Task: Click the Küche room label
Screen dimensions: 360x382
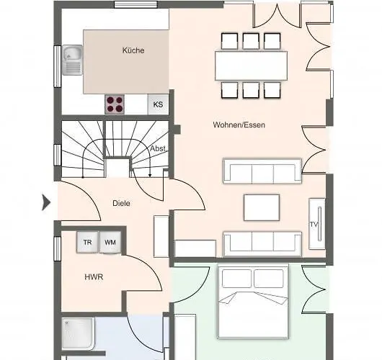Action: [x=133, y=50]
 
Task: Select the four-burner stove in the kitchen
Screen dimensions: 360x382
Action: [x=115, y=104]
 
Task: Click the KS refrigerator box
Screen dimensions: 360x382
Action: [x=158, y=104]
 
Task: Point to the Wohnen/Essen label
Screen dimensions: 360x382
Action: [x=239, y=125]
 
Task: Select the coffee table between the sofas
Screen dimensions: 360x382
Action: [x=261, y=207]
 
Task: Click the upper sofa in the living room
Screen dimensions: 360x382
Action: [x=261, y=171]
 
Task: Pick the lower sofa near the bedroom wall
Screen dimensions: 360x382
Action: [x=261, y=243]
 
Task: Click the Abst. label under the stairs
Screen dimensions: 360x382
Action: [x=158, y=148]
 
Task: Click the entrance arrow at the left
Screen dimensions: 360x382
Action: [x=47, y=203]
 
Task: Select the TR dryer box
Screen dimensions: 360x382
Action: [x=87, y=243]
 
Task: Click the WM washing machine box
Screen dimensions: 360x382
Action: [x=110, y=243]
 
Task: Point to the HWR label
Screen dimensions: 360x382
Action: [x=92, y=276]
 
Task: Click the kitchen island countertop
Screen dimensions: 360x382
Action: [x=126, y=61]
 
